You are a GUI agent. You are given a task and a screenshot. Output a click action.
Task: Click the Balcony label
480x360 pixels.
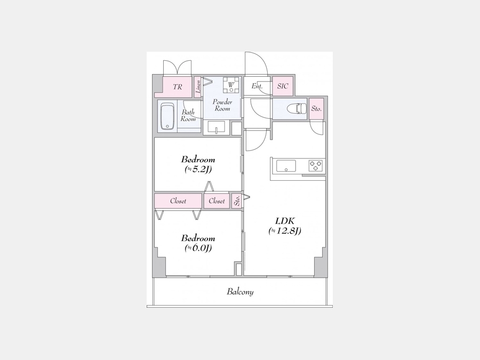(240, 292)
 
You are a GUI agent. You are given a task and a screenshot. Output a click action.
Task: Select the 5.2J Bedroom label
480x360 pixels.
(198, 164)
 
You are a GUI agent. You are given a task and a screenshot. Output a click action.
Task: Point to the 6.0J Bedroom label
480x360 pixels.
(198, 243)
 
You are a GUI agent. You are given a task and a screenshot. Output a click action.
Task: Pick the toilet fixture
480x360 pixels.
(297, 108)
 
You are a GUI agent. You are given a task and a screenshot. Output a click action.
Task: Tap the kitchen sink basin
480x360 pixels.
(286, 166)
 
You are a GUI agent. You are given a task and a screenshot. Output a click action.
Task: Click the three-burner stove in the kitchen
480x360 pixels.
(315, 166)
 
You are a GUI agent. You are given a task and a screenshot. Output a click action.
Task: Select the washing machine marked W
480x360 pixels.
(231, 85)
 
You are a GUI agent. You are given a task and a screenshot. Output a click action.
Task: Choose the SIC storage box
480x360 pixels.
(283, 86)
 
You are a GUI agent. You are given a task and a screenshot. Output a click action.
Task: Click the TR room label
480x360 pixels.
(178, 87)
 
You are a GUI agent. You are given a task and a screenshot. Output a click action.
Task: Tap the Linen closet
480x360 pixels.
(198, 87)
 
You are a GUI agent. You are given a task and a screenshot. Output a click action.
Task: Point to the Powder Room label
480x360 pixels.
(222, 105)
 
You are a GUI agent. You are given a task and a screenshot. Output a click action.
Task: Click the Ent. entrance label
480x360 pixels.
(257, 86)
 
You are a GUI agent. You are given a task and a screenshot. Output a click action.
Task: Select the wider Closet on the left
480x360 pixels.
(178, 201)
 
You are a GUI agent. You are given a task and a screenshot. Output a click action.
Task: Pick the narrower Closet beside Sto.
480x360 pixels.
(217, 201)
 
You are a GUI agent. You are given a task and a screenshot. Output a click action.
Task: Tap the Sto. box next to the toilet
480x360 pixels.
(316, 109)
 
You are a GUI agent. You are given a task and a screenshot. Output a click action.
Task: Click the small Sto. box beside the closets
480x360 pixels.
(236, 201)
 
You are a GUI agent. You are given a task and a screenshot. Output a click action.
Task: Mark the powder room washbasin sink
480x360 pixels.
(217, 126)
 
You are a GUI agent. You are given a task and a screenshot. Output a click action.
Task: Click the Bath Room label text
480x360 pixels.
(188, 115)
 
